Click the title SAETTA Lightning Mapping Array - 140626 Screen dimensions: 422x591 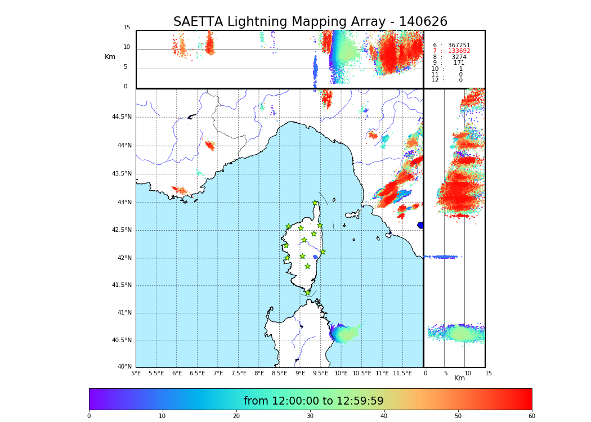(x=310, y=22)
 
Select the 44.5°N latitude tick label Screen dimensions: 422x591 (x=122, y=117)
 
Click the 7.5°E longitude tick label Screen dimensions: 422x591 (x=239, y=373)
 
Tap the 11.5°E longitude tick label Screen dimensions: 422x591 (x=402, y=373)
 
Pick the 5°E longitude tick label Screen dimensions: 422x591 (x=136, y=373)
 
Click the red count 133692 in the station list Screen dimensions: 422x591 (x=459, y=51)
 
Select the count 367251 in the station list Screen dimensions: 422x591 (x=459, y=46)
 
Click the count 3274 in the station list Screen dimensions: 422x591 (x=459, y=57)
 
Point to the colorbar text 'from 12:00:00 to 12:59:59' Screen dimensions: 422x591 (x=314, y=401)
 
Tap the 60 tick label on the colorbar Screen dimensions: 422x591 (x=531, y=416)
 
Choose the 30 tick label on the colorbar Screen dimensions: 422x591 (x=310, y=416)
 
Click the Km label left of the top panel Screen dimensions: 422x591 (x=110, y=57)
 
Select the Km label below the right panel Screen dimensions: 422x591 (x=459, y=378)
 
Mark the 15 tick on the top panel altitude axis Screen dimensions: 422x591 (x=127, y=28)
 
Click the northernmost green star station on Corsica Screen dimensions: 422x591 (x=315, y=203)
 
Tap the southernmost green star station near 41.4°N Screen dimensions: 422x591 (x=307, y=293)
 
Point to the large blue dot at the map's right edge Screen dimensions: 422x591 (x=420, y=225)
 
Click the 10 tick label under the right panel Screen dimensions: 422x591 (x=468, y=373)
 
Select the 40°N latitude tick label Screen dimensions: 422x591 (x=124, y=367)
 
